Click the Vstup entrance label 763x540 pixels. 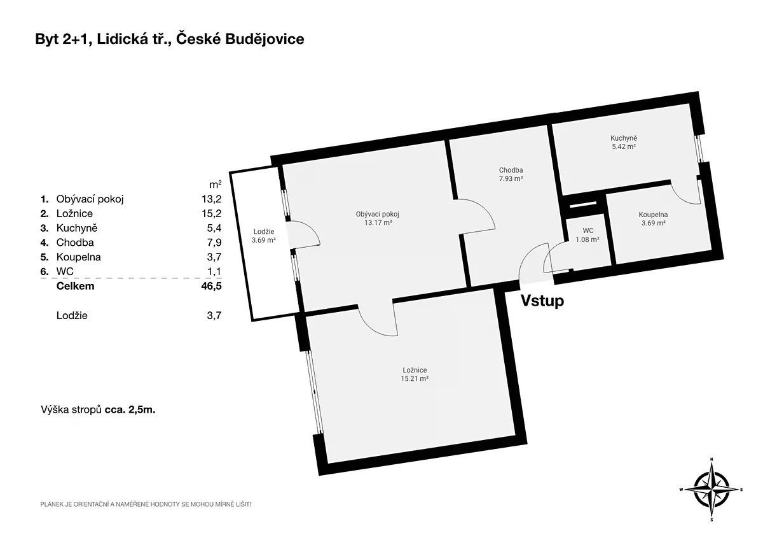coord(542,301)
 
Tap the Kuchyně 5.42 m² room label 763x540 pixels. coord(624,142)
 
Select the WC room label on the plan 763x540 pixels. coord(588,235)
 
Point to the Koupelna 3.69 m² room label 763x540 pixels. coord(653,218)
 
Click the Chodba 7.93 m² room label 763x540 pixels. coord(511,174)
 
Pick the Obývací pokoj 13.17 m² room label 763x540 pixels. coord(378,218)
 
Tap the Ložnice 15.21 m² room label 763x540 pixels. coord(415,374)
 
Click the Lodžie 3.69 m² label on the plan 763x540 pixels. coord(264,236)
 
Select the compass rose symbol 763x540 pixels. coord(711,489)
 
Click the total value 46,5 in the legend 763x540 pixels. coord(211,286)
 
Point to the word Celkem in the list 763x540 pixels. coord(75,286)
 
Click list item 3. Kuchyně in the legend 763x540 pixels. coord(69,228)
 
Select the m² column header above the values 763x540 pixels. coord(216,184)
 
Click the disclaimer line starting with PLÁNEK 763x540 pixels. coord(146,504)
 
